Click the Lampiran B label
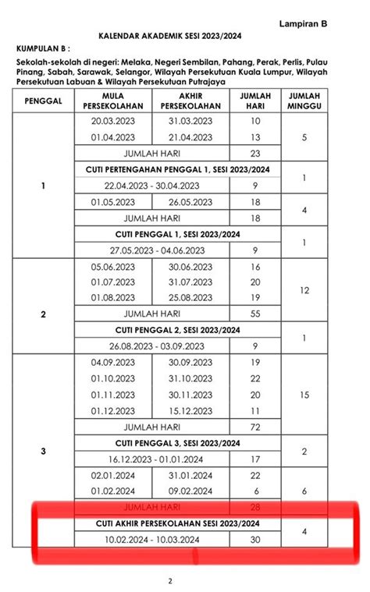[304, 24]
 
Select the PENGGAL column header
[42, 101]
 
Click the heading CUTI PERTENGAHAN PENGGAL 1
[177, 169]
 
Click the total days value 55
[255, 313]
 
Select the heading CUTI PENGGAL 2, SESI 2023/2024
[177, 330]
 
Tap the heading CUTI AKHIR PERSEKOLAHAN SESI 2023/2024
[177, 523]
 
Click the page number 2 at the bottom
[170, 580]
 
